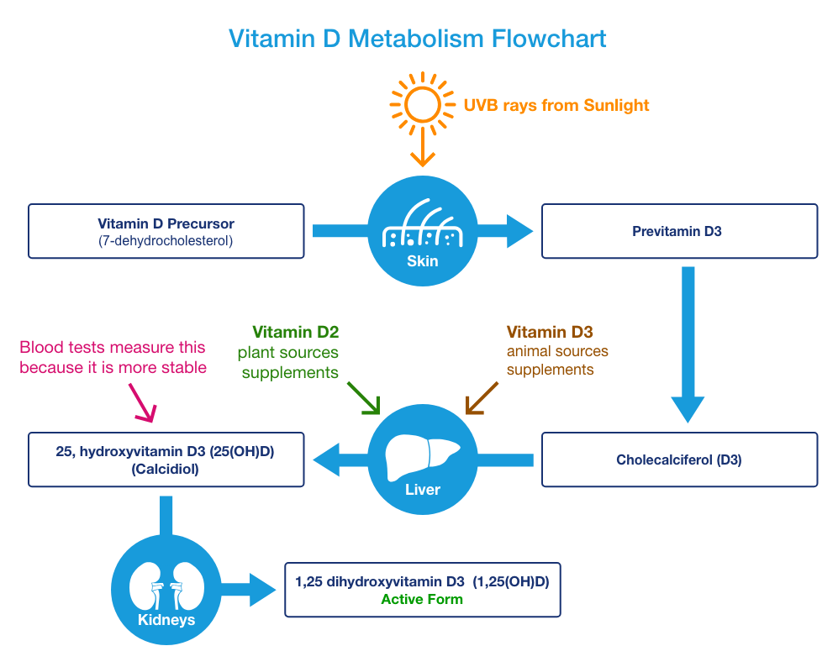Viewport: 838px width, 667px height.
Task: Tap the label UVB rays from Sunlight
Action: click(556, 105)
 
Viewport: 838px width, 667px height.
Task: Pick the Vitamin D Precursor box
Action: click(166, 231)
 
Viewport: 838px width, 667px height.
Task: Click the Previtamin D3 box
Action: click(679, 231)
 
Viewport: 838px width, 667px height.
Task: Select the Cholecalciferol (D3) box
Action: click(679, 460)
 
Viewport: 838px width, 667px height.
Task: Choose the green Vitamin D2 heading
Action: click(295, 332)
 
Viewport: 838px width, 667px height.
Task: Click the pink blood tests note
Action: click(113, 357)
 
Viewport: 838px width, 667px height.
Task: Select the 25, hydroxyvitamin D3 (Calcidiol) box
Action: click(166, 460)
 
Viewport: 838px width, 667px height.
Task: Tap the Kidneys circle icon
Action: click(166, 591)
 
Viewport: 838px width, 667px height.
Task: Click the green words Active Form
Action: click(422, 600)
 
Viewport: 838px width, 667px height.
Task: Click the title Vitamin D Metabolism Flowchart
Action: click(418, 39)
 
